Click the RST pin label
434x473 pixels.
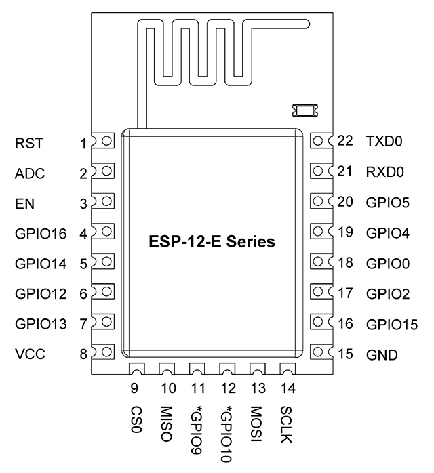pos(29,143)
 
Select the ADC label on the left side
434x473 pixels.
pos(30,173)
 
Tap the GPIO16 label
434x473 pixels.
pos(41,234)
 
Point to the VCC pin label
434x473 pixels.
pos(31,354)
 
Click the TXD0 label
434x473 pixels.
pos(384,141)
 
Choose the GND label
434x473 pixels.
pos(382,355)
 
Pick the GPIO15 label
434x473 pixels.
pos(392,325)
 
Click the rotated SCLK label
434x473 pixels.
pos(286,424)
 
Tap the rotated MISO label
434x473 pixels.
pos(166,424)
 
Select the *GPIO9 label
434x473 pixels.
pos(196,430)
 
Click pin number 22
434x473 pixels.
pos(345,140)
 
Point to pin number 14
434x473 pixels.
pos(288,388)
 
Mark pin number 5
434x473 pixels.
pos(83,264)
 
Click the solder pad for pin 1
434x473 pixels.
pos(103,141)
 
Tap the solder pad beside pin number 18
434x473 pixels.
pos(321,262)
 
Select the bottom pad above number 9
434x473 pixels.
pos(137,369)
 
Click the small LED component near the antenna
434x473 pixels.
pos(305,110)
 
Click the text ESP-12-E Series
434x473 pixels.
pos(212,242)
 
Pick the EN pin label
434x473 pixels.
pos(24,203)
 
